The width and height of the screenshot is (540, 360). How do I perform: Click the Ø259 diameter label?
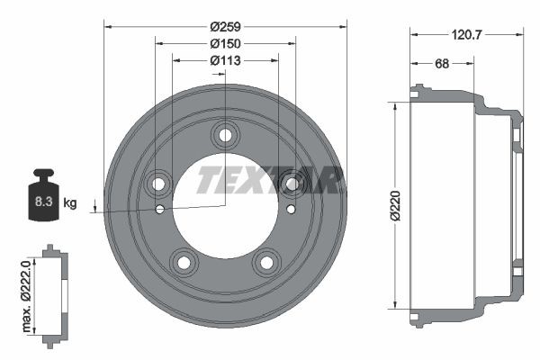point(224,25)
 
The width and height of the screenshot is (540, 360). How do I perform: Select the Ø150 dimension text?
point(224,42)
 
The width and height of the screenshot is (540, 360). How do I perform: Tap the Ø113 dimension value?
point(224,60)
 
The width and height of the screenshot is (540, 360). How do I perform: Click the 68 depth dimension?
point(442,63)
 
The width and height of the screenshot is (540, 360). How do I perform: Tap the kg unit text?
point(70,203)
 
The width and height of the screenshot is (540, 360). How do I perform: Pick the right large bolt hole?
point(290,184)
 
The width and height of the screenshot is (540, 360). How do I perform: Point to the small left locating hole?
point(160,210)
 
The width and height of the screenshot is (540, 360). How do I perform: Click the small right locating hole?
point(290,210)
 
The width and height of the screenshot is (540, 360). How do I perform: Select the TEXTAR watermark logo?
point(268,181)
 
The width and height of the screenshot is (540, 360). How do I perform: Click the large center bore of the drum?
point(224,216)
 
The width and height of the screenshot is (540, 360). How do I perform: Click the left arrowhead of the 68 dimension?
point(413,63)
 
